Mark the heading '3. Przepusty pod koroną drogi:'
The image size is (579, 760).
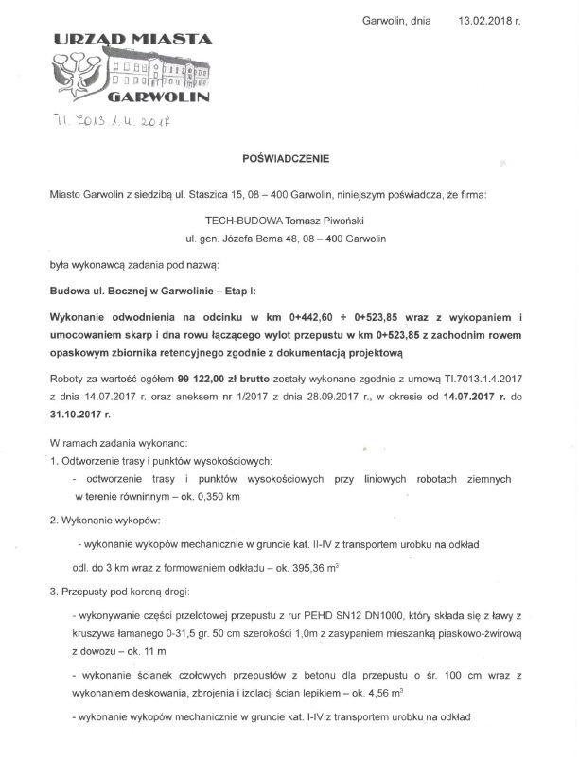(121, 594)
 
